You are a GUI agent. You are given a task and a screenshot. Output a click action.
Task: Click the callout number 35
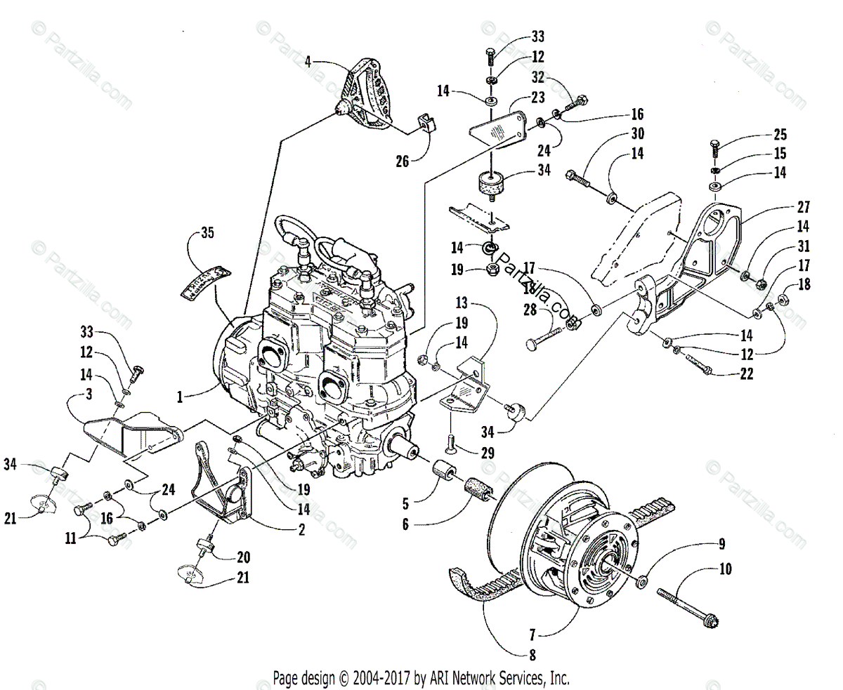pyautogui.click(x=207, y=232)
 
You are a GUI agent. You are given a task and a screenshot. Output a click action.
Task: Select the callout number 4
pyautogui.click(x=308, y=61)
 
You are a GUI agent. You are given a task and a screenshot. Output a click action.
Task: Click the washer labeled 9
pyautogui.click(x=641, y=582)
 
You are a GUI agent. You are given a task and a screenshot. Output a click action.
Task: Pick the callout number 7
pyautogui.click(x=532, y=636)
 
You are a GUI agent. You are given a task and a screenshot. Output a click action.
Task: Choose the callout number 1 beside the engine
pyautogui.click(x=181, y=397)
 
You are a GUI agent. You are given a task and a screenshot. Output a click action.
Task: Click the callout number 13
pyautogui.click(x=461, y=303)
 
